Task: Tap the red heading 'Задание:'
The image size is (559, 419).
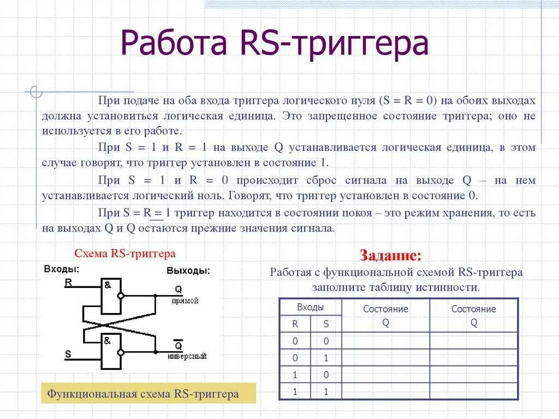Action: (x=390, y=256)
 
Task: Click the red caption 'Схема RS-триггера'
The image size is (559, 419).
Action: (x=125, y=253)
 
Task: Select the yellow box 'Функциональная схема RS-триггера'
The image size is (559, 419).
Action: (x=142, y=394)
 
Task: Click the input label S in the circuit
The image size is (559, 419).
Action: (x=68, y=354)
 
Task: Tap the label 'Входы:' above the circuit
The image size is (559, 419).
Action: (x=61, y=269)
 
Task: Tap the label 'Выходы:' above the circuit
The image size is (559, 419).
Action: (x=188, y=271)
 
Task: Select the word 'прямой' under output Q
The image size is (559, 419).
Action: (x=185, y=301)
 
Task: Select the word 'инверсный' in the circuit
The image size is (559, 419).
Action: (x=187, y=357)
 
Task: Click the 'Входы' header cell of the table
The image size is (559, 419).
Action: (x=310, y=307)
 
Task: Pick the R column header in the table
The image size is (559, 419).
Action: (x=295, y=323)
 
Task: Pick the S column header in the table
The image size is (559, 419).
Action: (x=326, y=323)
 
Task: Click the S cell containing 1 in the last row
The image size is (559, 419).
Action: (x=326, y=391)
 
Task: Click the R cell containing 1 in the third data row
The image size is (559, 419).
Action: (x=295, y=375)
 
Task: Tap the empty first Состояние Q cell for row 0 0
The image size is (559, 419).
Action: (x=385, y=341)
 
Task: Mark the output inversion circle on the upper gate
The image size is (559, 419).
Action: (x=121, y=296)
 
